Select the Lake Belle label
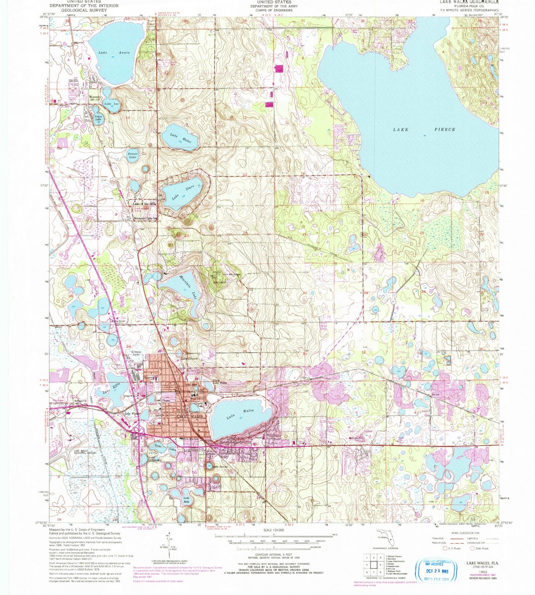tap(187, 500)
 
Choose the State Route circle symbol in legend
tap(473, 548)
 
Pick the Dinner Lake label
tap(132, 155)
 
